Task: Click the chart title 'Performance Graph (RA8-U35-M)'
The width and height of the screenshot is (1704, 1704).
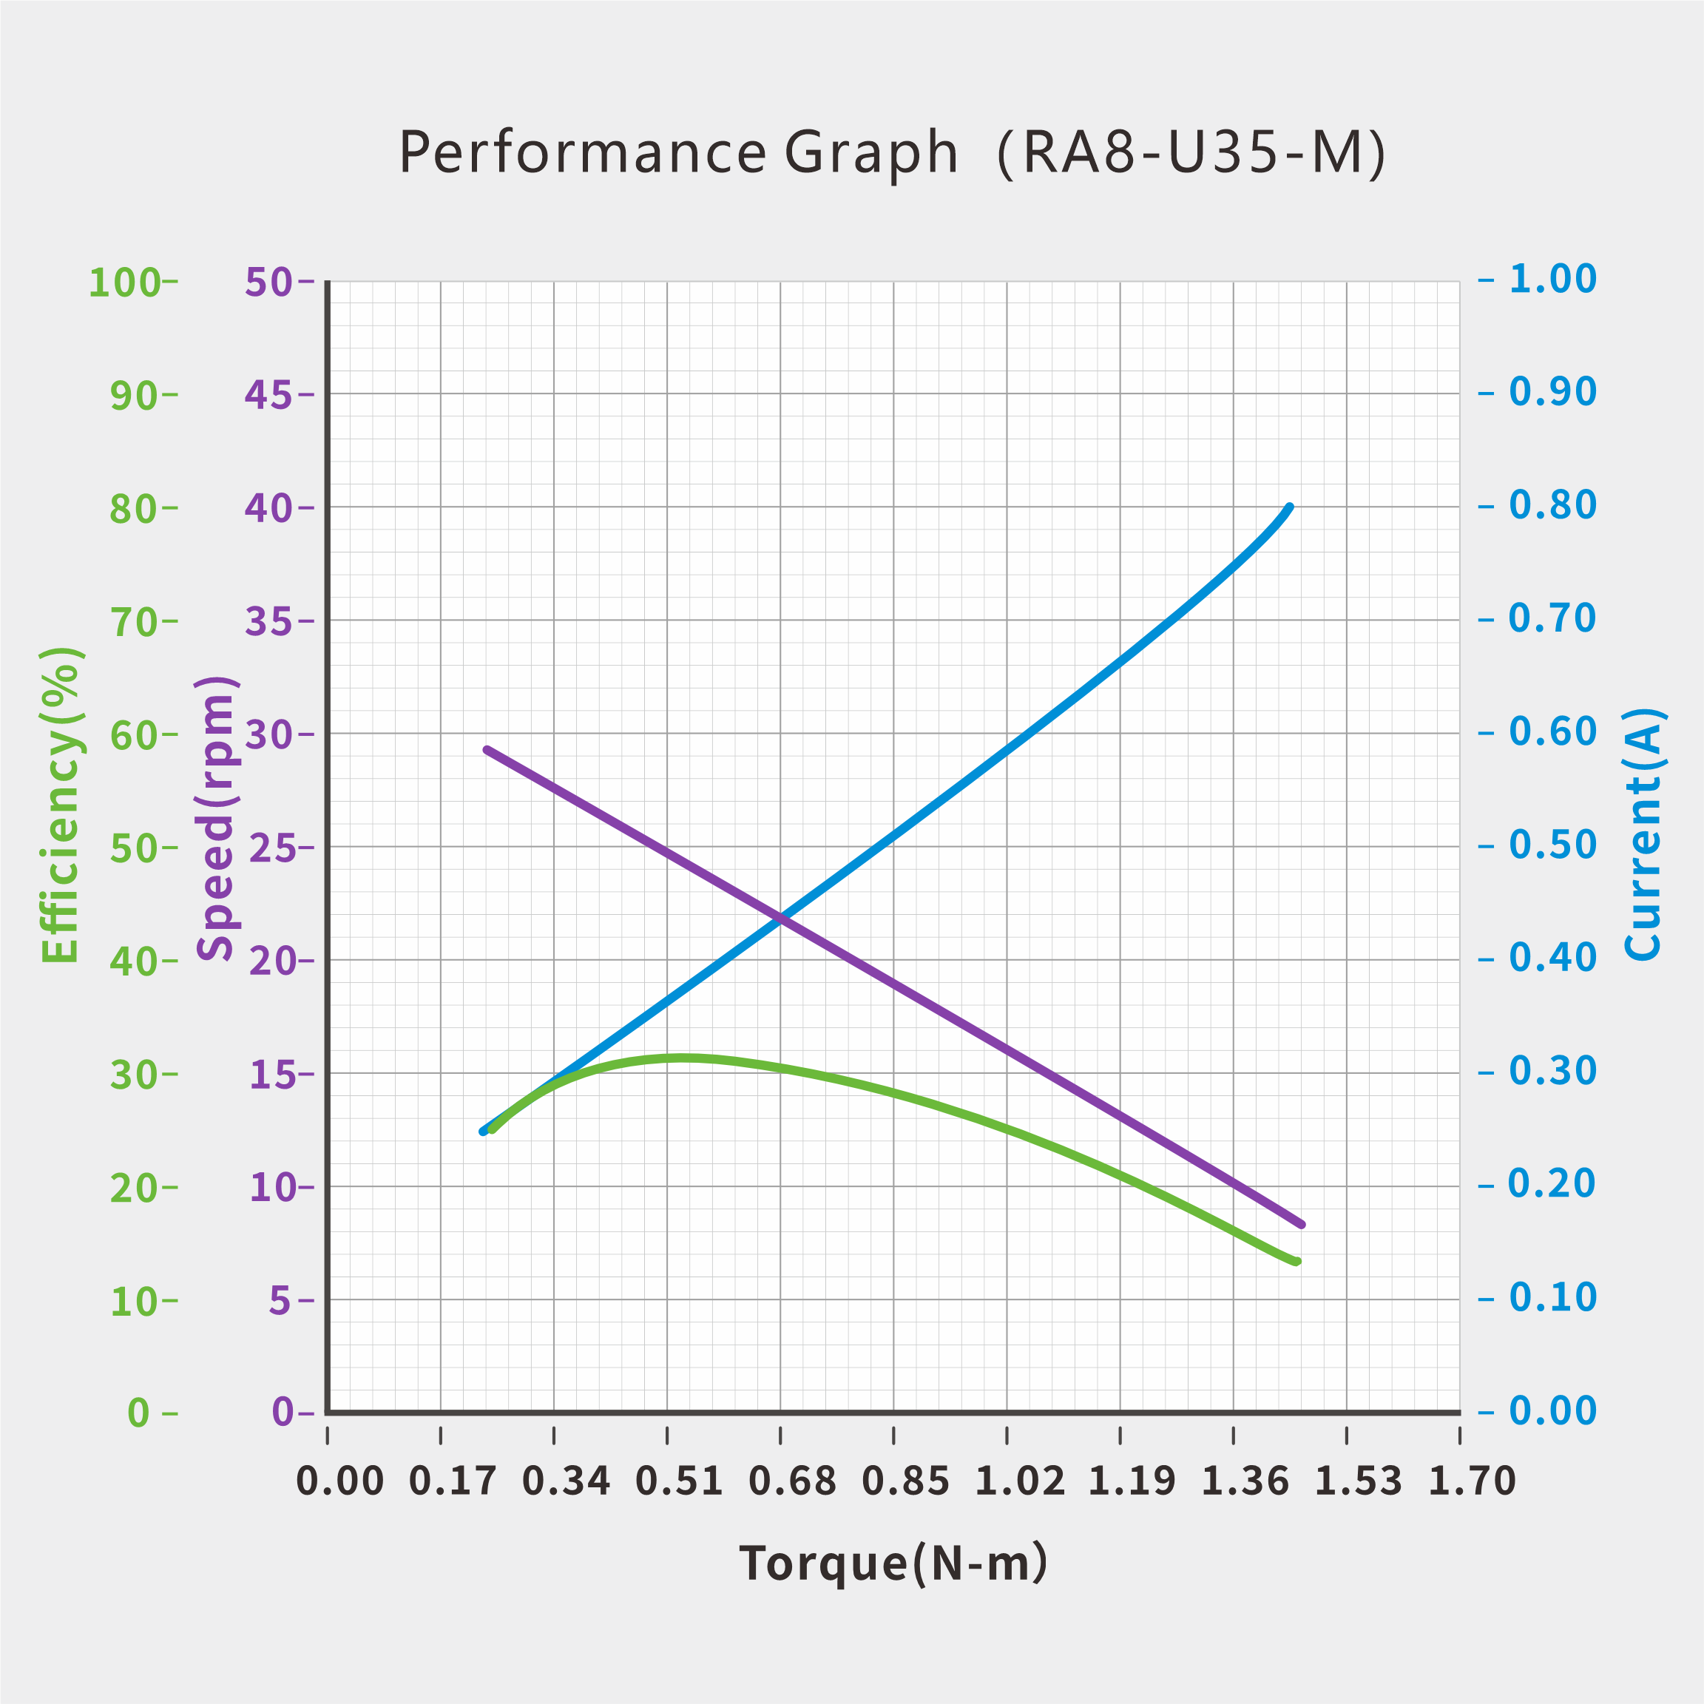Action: point(893,152)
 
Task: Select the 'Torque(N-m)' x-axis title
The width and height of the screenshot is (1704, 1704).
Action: point(893,1563)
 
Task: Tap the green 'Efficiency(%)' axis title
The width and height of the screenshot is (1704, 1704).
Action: point(61,805)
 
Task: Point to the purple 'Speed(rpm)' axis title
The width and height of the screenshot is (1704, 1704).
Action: point(216,817)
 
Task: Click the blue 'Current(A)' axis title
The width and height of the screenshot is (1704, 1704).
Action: point(1643,834)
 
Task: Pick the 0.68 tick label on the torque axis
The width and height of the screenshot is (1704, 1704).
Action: point(792,1480)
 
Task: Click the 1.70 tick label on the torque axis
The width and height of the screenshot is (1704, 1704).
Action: point(1471,1480)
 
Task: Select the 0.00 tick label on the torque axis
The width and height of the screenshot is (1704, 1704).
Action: point(339,1480)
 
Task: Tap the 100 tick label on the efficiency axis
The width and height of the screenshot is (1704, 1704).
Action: point(124,283)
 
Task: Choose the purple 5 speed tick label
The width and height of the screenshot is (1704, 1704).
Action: point(280,1300)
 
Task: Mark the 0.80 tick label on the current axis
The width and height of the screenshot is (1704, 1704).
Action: point(1552,505)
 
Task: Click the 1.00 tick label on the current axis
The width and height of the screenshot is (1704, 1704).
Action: point(1552,279)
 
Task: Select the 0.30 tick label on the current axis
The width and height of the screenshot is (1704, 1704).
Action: point(1552,1071)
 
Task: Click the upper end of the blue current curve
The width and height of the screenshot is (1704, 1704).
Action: point(1290,507)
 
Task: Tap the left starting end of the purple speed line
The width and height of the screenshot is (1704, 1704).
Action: point(487,750)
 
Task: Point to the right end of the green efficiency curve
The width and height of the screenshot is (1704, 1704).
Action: point(1297,1261)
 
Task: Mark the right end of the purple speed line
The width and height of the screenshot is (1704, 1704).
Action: point(1302,1224)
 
